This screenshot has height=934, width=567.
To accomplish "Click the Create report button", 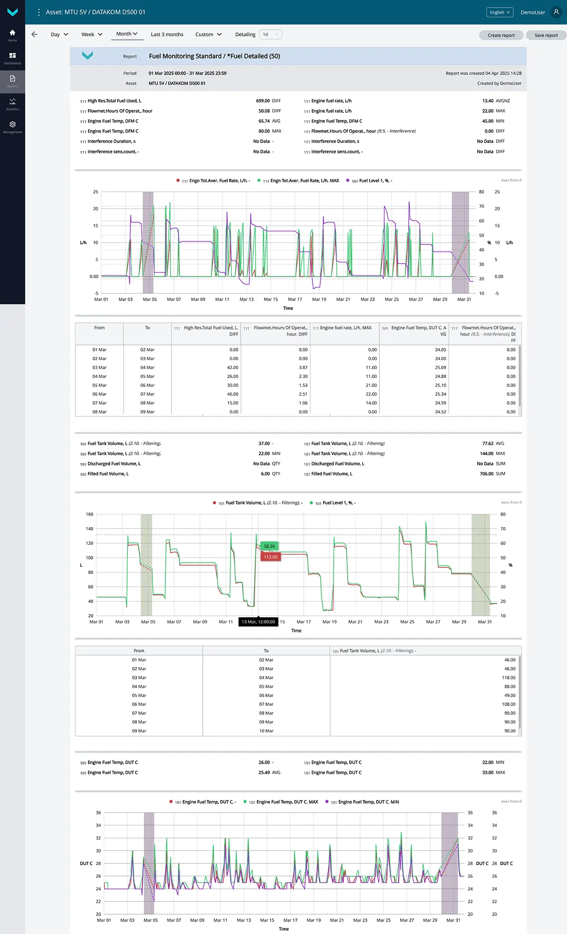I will (501, 35).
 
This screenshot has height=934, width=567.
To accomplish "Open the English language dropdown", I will (500, 12).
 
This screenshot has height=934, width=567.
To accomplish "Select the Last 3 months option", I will (167, 34).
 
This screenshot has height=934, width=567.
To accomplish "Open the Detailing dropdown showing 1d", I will (271, 34).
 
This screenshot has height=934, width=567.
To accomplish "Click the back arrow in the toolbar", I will (34, 34).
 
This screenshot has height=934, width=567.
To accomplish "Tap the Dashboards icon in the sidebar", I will (13, 58).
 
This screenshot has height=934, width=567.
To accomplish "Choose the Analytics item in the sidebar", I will (13, 104).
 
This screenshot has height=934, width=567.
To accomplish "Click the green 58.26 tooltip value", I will (269, 546).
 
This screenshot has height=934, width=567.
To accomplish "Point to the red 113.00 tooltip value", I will (271, 557).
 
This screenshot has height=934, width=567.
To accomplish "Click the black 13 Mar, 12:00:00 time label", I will (258, 622).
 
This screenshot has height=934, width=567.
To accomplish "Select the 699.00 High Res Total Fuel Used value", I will (263, 101).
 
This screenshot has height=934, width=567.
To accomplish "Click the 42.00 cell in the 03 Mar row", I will (232, 368).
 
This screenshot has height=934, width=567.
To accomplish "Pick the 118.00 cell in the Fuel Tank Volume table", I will (508, 678).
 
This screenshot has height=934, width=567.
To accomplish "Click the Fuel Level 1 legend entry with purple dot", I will (372, 181).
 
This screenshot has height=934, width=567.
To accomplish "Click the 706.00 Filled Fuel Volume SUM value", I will (487, 474).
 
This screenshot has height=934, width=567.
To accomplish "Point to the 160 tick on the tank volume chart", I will (89, 514).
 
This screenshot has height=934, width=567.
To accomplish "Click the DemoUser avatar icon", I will (556, 12).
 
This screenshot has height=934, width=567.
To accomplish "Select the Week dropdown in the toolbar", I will (92, 34).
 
